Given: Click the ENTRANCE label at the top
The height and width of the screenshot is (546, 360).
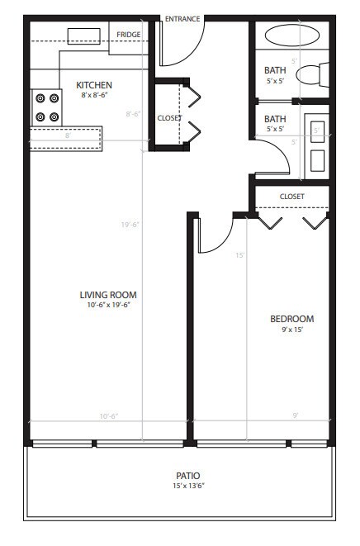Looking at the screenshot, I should [182, 19].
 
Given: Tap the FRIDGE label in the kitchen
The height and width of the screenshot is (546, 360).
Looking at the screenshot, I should [128, 34].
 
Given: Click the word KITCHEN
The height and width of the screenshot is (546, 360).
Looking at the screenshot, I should [94, 85].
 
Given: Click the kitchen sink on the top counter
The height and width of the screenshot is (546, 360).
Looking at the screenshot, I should [83, 35].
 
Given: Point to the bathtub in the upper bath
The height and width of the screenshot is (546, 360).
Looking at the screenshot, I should [291, 37].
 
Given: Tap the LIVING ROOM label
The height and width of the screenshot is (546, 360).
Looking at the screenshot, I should [108, 295].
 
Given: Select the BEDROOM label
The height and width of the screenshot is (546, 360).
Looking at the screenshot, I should [292, 319].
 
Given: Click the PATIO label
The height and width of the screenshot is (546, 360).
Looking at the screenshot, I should [187, 476].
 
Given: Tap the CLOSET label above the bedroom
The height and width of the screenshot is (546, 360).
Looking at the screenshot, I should [291, 197].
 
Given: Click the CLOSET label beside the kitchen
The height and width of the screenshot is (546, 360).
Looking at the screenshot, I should [168, 118].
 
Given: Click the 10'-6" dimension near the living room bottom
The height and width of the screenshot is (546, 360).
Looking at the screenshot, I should [108, 416].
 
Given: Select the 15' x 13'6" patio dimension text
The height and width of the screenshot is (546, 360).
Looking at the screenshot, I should [187, 486].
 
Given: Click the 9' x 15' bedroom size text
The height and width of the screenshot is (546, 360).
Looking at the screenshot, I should [292, 330].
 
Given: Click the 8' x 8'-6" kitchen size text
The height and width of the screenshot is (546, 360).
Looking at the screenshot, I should [94, 95].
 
